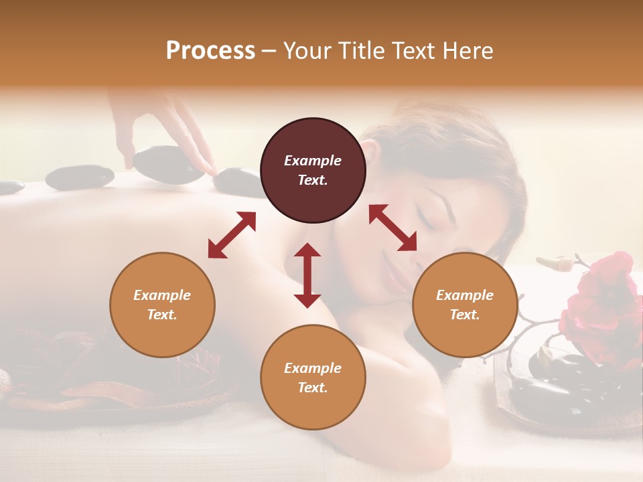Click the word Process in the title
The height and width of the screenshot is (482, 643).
tap(210, 51)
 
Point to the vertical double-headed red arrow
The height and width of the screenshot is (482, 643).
tap(307, 275)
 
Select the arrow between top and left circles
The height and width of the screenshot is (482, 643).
tap(232, 235)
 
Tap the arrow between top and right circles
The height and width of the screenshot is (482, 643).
tap(392, 228)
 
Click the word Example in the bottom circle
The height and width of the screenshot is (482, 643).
tap(313, 368)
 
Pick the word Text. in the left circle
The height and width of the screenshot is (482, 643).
tap(162, 315)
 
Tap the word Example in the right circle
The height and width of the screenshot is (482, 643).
tap(465, 295)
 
